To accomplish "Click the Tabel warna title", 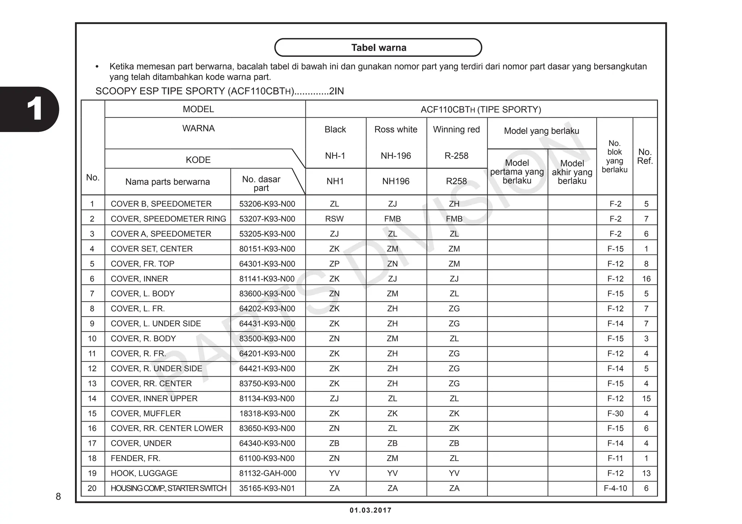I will (x=378, y=48).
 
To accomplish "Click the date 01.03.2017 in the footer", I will (x=370, y=510).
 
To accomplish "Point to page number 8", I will (x=58, y=496).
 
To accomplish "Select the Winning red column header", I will (x=456, y=130).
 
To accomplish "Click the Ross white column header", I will (x=396, y=130).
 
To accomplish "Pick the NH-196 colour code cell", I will (x=396, y=156).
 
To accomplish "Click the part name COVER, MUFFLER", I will (x=146, y=413).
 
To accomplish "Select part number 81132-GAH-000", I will (x=267, y=473).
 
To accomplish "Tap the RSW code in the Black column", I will (x=334, y=219).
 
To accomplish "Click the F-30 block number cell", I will (x=615, y=413).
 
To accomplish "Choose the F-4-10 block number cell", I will (x=615, y=488).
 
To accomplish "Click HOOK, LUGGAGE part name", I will (x=144, y=473).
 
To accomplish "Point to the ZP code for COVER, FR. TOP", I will (x=334, y=264).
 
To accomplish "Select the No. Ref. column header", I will (x=645, y=156).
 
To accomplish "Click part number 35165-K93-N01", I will (x=267, y=488).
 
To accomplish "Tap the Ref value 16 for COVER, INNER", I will (x=646, y=279).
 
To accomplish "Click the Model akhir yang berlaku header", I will (x=572, y=172).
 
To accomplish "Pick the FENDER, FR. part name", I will (x=136, y=458).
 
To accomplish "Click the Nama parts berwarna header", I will (x=167, y=182).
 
